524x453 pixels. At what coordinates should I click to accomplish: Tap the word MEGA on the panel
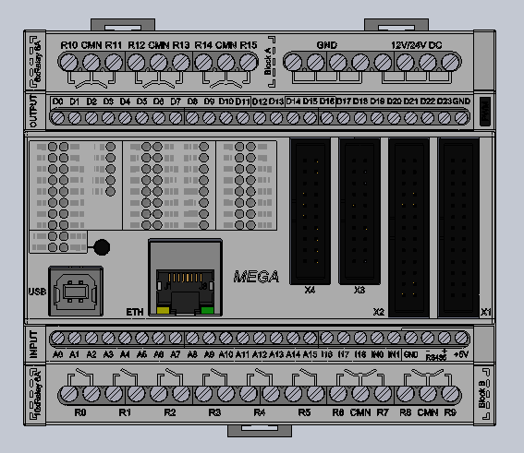pyautogui.click(x=256, y=276)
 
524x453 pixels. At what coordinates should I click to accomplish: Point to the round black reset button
pyautogui.click(x=102, y=246)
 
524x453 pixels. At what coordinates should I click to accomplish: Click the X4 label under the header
pyautogui.click(x=310, y=290)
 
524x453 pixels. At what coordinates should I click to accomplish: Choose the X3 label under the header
pyautogui.click(x=359, y=290)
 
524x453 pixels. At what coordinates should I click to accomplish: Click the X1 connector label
pyautogui.click(x=486, y=312)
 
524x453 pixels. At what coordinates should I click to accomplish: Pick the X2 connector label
pyautogui.click(x=378, y=312)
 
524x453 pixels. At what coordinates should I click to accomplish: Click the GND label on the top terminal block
pyautogui.click(x=326, y=44)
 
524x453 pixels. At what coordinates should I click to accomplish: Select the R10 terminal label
pyautogui.click(x=69, y=44)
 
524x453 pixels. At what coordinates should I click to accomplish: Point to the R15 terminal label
pyautogui.click(x=248, y=44)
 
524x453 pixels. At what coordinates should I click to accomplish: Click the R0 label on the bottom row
pyautogui.click(x=80, y=413)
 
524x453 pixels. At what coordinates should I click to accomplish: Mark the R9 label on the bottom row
pyautogui.click(x=450, y=413)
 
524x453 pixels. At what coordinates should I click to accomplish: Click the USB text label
pyautogui.click(x=37, y=292)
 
